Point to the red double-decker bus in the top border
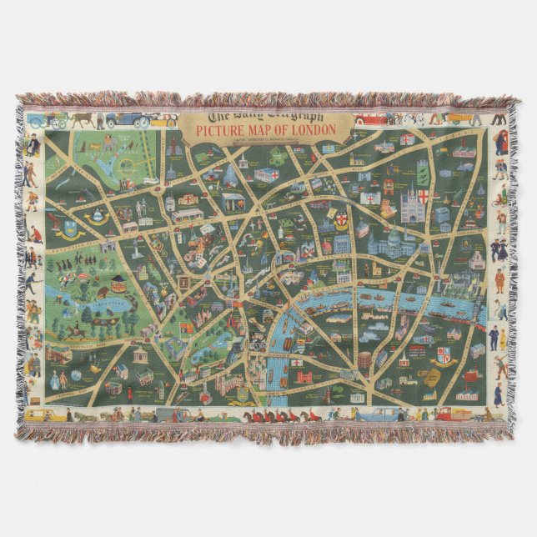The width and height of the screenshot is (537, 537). tap(370, 118)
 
